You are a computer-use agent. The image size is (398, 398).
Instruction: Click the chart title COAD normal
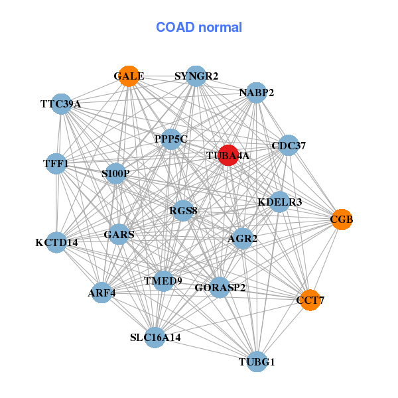click(x=199, y=27)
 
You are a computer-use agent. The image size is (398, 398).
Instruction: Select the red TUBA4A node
click(x=228, y=156)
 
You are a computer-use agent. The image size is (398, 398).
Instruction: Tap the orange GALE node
click(x=129, y=76)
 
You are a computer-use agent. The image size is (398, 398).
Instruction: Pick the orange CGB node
click(x=342, y=219)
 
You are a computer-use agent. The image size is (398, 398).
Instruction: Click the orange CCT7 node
click(x=310, y=300)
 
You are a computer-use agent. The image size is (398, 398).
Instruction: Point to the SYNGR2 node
click(x=196, y=76)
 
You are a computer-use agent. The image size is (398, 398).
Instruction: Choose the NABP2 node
click(x=256, y=92)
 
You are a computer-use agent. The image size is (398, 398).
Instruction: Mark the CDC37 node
click(x=288, y=145)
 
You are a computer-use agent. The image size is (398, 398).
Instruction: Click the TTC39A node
click(x=61, y=103)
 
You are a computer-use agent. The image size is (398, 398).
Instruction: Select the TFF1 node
click(x=56, y=163)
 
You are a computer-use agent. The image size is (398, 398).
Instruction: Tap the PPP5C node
click(x=171, y=139)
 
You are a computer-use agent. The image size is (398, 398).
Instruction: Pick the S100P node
click(x=115, y=174)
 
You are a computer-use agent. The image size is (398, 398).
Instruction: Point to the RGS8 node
click(x=183, y=212)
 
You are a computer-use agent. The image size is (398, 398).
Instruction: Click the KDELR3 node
click(x=279, y=202)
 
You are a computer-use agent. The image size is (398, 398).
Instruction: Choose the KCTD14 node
click(x=57, y=242)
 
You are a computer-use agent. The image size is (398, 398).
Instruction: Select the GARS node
click(x=119, y=234)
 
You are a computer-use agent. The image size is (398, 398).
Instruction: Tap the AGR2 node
click(x=242, y=238)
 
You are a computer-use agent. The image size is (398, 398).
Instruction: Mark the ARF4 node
click(x=101, y=293)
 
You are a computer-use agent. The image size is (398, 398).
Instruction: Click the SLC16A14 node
click(x=155, y=337)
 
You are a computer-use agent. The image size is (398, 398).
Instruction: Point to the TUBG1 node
click(x=257, y=362)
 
